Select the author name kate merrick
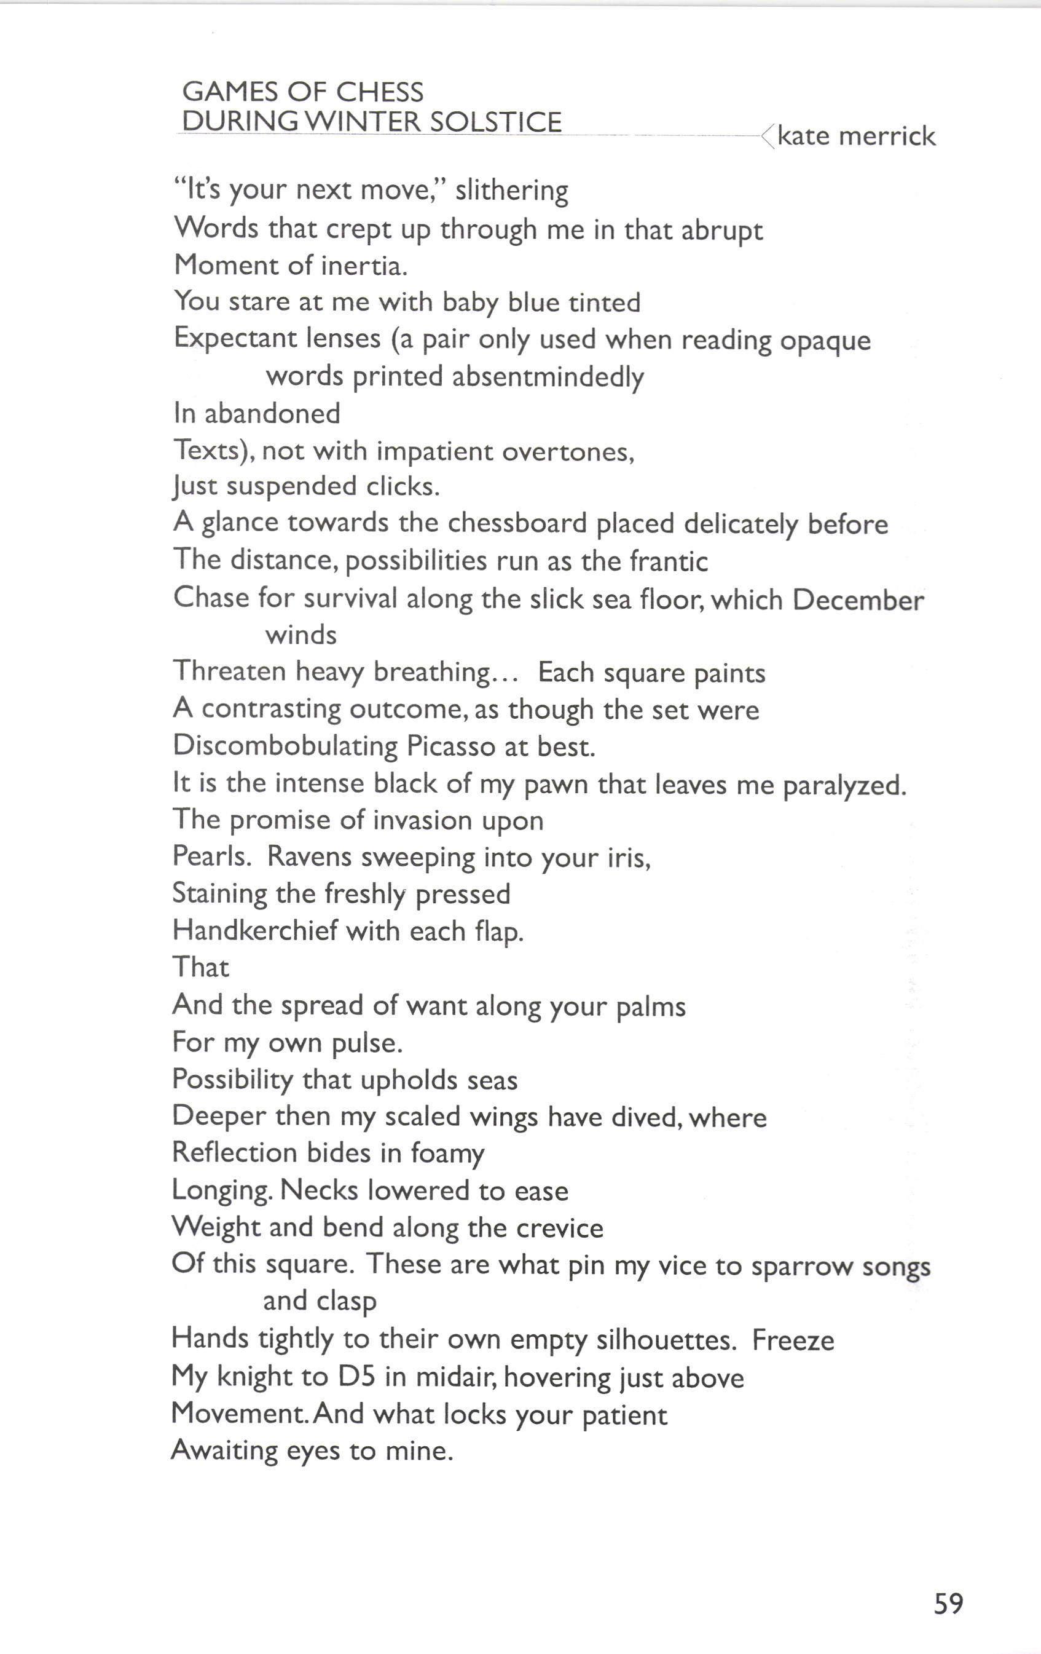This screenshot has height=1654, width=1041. pyautogui.click(x=856, y=136)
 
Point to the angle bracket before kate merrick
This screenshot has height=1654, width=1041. pyautogui.click(x=768, y=136)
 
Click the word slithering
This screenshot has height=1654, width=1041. pyautogui.click(x=511, y=190)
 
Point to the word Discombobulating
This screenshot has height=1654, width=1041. pyautogui.click(x=285, y=746)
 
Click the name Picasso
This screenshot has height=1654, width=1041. pyautogui.click(x=451, y=746)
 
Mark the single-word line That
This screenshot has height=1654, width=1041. pyautogui.click(x=200, y=967)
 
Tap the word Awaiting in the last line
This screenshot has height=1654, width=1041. pyautogui.click(x=224, y=1451)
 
